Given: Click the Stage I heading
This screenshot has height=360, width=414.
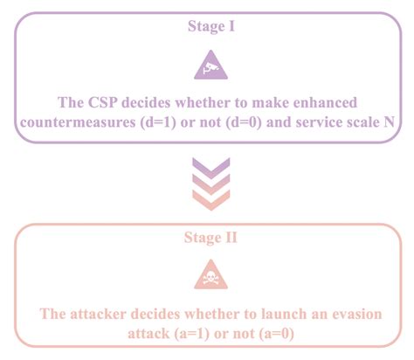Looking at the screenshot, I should (x=206, y=27).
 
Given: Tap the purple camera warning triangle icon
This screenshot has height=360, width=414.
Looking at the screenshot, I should (x=207, y=65).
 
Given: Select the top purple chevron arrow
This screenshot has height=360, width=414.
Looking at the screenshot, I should (x=207, y=166).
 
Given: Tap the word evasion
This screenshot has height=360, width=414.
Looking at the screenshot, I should (x=358, y=314).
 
